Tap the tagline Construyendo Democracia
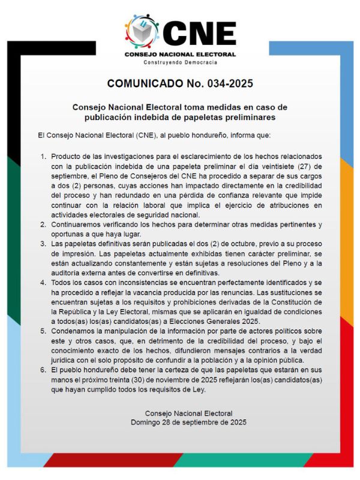[x=180, y=62]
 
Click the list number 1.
[x=43, y=157]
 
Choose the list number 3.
[x=43, y=244]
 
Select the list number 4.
[x=43, y=282]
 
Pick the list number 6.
[x=43, y=370]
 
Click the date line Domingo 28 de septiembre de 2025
[x=180, y=422]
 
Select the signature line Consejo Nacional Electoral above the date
[x=180, y=413]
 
